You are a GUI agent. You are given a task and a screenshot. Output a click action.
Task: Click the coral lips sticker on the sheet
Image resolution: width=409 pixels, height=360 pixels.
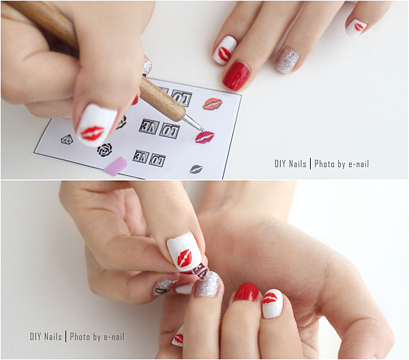(213, 104)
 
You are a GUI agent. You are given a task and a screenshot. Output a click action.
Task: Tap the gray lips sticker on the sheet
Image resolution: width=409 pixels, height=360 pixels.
(196, 169)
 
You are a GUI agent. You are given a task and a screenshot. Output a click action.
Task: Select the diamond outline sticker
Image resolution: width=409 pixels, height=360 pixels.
(67, 139)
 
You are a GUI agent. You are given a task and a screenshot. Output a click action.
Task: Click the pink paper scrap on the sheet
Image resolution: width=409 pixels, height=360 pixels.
(116, 166)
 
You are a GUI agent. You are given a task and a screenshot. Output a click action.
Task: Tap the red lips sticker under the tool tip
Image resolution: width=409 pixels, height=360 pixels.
(204, 137)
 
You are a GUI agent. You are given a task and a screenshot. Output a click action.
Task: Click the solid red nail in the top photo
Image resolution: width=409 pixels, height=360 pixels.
(236, 76)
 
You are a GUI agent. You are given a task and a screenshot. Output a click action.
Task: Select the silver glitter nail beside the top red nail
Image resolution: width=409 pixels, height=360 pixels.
(288, 60)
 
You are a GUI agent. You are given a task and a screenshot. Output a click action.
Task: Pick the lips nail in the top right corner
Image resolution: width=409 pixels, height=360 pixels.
(356, 27)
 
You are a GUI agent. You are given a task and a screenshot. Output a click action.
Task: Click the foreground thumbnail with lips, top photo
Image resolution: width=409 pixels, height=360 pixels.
(95, 125)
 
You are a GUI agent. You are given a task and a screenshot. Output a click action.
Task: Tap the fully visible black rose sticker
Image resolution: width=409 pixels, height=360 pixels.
(104, 150)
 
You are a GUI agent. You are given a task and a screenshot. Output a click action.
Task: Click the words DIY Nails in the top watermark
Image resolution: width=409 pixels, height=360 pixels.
(290, 164)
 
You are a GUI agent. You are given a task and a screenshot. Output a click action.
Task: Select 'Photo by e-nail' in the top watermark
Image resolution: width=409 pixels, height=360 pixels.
(342, 164)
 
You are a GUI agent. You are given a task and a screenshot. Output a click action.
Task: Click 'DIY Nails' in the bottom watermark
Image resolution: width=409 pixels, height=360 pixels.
(46, 337)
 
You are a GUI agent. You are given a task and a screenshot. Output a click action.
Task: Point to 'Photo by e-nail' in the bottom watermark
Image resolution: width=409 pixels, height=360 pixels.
(97, 337)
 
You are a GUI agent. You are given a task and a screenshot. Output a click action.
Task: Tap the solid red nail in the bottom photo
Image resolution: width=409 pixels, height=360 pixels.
(246, 292)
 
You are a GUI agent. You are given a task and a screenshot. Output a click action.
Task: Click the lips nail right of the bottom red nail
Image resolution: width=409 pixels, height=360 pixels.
(272, 303)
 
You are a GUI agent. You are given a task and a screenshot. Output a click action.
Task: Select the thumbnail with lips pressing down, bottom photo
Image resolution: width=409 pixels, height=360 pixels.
(184, 252)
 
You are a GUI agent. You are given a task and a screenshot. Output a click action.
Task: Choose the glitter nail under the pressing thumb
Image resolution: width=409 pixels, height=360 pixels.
(208, 284)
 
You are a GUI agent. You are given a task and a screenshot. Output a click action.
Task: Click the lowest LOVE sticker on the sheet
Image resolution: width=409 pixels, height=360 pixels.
(149, 158)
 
